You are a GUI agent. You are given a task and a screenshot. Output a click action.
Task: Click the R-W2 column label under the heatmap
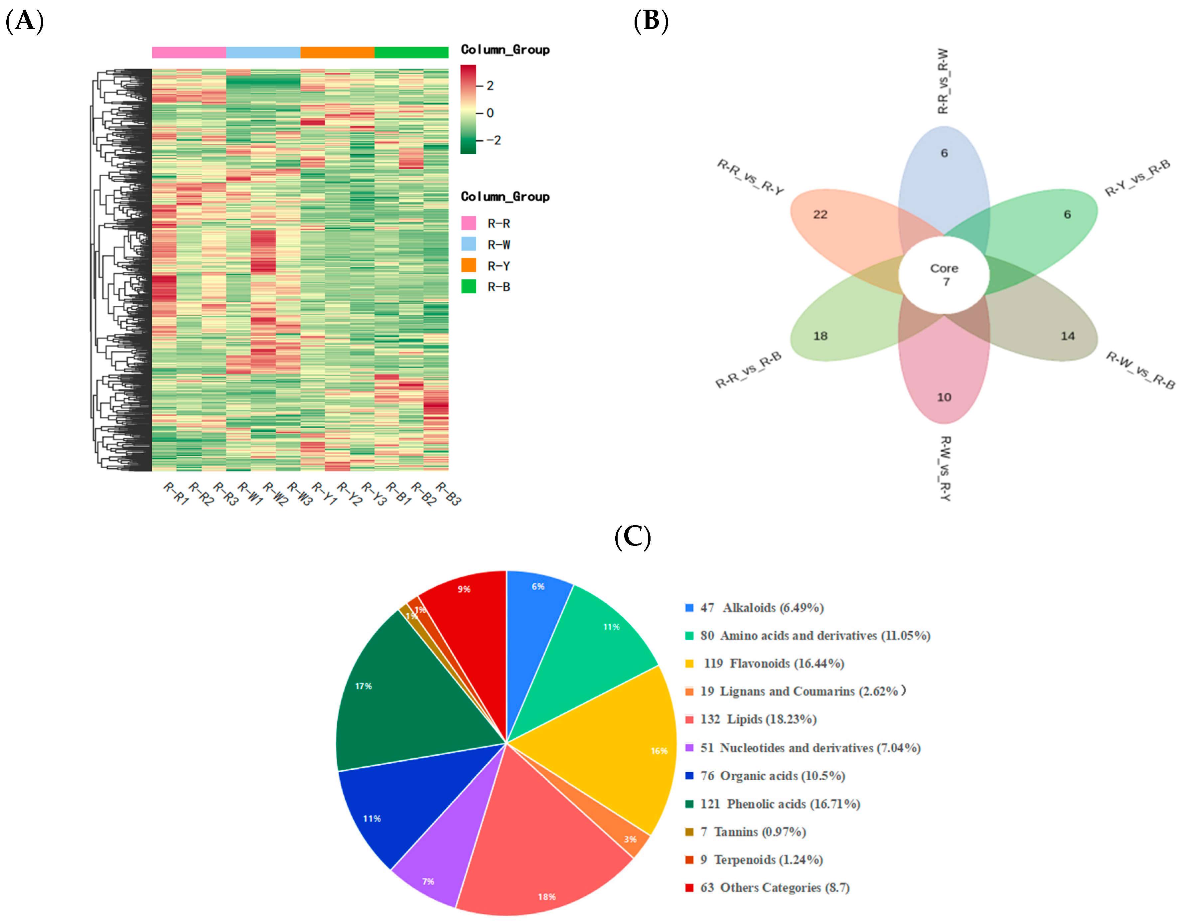coord(275,494)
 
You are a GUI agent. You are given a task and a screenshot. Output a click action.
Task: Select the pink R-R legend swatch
coord(468,223)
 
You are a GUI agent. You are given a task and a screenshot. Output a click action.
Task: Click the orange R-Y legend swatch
coord(468,265)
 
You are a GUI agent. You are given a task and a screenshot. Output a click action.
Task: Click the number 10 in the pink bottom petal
coord(944,397)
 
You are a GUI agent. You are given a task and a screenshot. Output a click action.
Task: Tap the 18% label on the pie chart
coord(547,896)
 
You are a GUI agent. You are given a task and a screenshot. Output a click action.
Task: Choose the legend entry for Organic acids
coord(772,776)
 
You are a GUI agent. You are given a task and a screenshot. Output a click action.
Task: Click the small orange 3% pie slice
coord(637,840)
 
